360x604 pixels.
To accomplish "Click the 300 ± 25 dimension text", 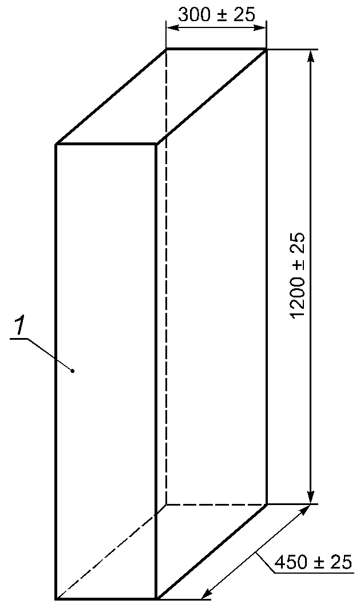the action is point(216,14).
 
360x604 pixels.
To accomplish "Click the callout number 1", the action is point(19,327).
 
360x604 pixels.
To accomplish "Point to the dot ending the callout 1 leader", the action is point(73,371).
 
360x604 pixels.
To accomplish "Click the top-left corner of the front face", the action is point(56,144).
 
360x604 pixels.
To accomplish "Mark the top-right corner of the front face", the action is point(156,144).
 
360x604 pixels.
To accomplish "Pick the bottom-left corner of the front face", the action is point(56,598).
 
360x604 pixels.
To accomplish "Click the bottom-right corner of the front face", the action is point(156,598).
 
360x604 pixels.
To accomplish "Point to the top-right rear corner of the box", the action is point(267,50).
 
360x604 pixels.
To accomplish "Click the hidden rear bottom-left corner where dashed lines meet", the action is point(166,504).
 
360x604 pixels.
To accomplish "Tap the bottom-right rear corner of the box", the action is point(267,504).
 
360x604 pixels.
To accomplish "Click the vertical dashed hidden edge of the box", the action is point(166,286).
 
